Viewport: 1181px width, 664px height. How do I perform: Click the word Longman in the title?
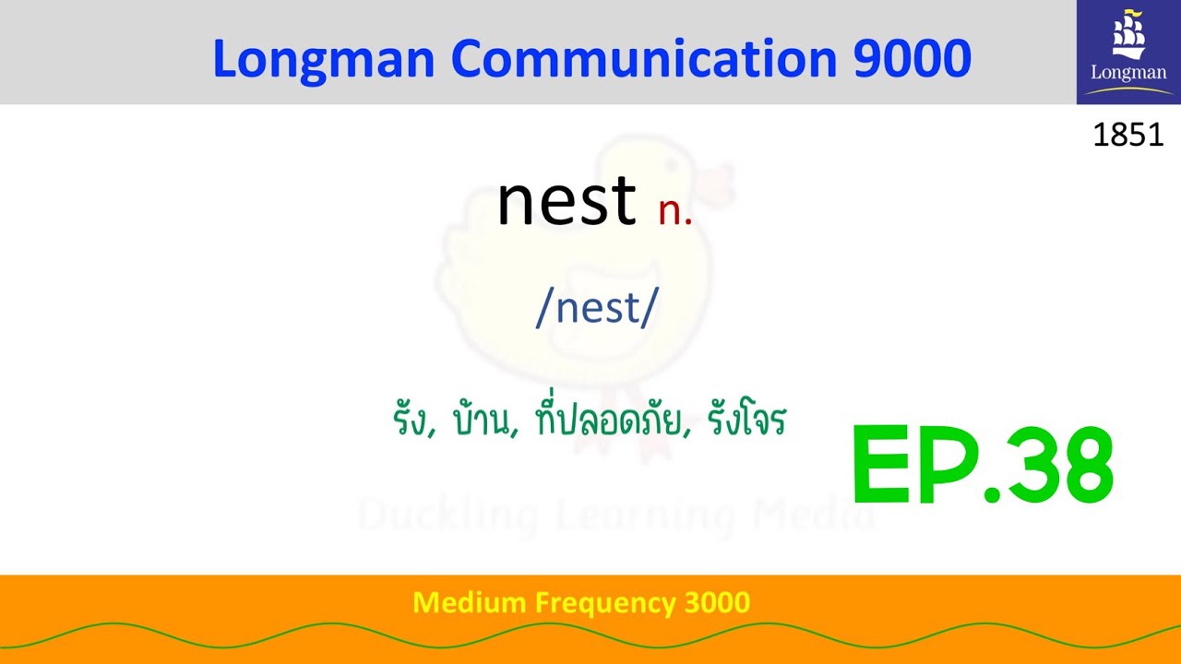pyautogui.click(x=323, y=59)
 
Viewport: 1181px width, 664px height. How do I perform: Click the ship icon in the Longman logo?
pyautogui.click(x=1127, y=35)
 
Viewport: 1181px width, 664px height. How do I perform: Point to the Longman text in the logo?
pyautogui.click(x=1128, y=73)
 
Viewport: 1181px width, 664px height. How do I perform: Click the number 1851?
pyautogui.click(x=1127, y=136)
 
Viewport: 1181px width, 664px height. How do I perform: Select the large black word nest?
pyautogui.click(x=566, y=200)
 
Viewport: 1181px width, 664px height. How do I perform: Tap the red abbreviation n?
pyautogui.click(x=674, y=211)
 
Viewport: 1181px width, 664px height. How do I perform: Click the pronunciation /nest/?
pyautogui.click(x=596, y=308)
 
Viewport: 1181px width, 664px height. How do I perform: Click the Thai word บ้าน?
pyautogui.click(x=484, y=421)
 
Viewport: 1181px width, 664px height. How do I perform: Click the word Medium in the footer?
pyautogui.click(x=468, y=603)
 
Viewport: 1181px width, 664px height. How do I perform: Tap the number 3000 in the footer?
pyautogui.click(x=717, y=603)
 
